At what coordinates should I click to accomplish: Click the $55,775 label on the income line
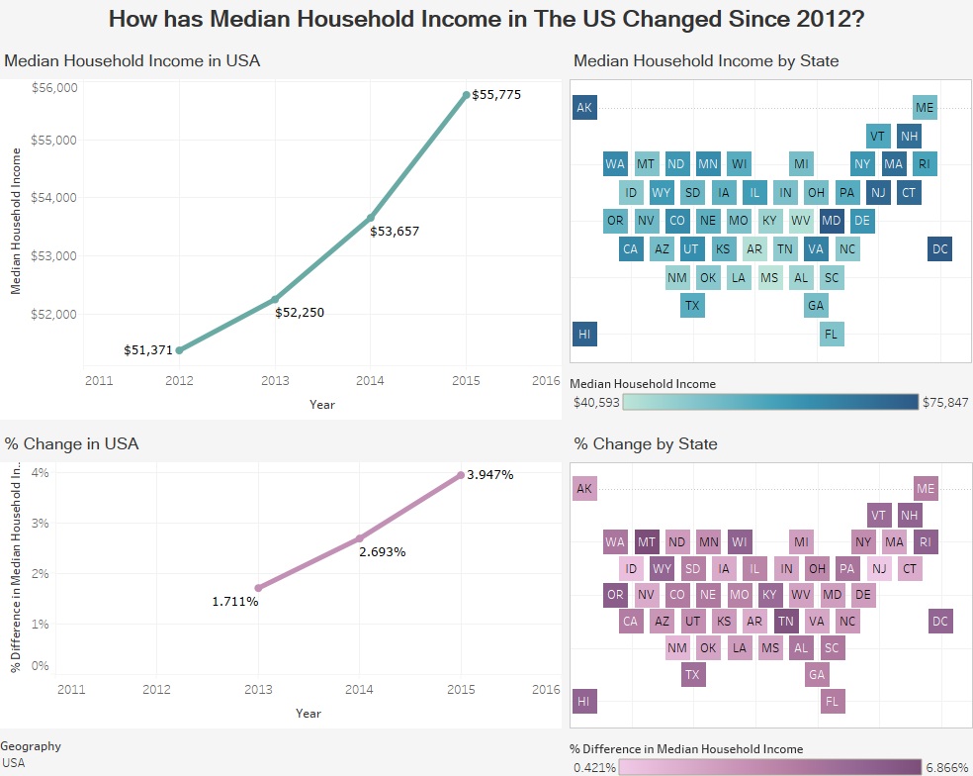496,95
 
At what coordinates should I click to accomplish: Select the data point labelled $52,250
275,299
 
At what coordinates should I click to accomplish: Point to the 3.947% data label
489,474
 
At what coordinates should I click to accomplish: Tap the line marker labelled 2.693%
360,538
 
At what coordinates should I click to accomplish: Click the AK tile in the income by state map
584,108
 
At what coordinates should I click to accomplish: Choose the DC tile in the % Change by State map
940,622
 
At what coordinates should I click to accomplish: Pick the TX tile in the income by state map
692,306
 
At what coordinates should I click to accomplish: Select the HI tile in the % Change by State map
584,702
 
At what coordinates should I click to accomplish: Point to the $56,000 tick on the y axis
54,87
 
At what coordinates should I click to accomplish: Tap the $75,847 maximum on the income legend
945,402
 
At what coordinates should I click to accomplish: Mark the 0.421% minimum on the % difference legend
594,767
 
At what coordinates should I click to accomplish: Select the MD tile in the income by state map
832,221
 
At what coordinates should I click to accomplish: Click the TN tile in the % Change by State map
785,622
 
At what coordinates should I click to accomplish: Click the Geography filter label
31,746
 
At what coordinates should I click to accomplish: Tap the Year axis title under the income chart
321,404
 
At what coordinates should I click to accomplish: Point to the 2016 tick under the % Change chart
546,689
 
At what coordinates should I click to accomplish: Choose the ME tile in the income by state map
925,108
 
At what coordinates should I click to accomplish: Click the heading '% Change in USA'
71,443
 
